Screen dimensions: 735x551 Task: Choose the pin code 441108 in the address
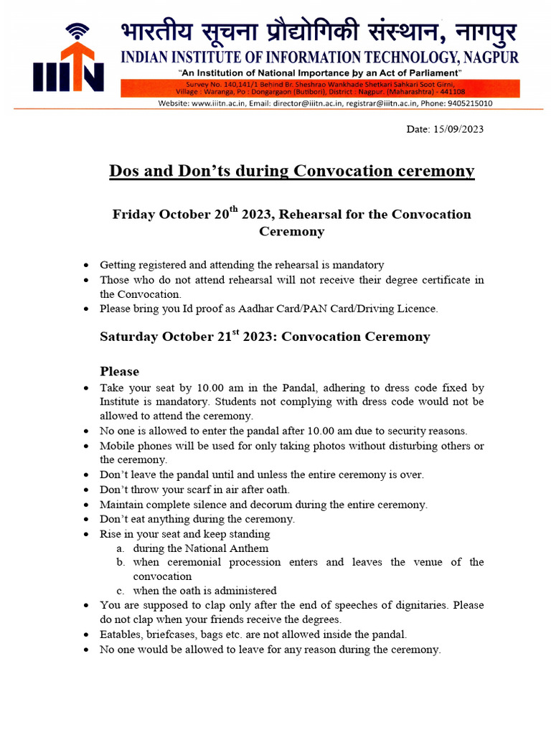click(x=452, y=92)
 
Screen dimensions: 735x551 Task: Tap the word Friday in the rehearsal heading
click(x=133, y=215)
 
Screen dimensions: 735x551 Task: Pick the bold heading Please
click(x=119, y=371)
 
